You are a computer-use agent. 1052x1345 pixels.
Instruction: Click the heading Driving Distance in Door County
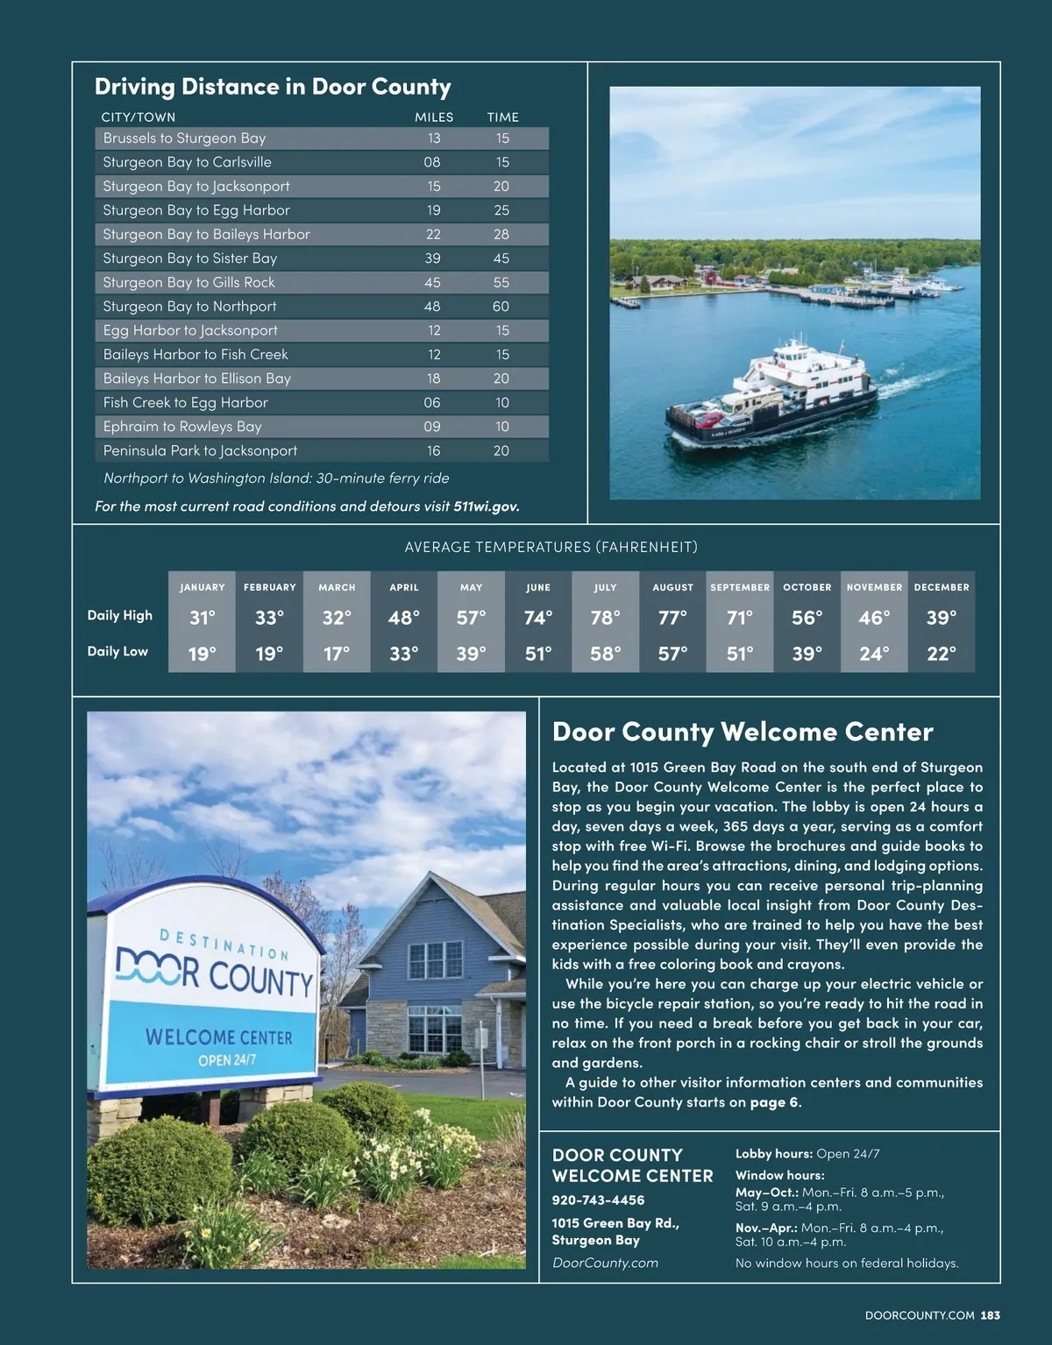tap(273, 87)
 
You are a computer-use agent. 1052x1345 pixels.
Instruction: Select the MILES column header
tap(434, 117)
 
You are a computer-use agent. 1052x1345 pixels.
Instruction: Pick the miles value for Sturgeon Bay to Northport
tap(432, 307)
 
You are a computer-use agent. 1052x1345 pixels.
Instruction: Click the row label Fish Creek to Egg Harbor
tap(186, 402)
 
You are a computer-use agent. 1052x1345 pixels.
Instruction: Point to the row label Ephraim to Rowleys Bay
tap(182, 427)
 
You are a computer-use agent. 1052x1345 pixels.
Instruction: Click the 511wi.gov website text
tap(486, 506)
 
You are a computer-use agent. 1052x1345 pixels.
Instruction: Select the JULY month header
tap(605, 587)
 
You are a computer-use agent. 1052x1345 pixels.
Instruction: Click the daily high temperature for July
tap(605, 618)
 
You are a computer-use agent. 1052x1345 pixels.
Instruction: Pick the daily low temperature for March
tap(337, 653)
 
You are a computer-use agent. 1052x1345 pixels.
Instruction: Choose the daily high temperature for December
tap(942, 618)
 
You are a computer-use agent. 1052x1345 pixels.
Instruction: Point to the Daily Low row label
tap(117, 651)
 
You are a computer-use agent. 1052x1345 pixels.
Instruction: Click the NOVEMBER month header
tap(874, 587)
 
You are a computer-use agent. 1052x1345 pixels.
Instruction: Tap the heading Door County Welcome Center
tap(743, 732)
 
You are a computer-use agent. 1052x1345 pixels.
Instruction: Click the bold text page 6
tap(774, 1102)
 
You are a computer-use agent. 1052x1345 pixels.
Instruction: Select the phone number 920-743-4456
tap(598, 1200)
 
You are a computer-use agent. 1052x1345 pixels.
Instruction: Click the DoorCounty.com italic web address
tap(605, 1263)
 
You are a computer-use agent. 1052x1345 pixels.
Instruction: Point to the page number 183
tap(991, 1315)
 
